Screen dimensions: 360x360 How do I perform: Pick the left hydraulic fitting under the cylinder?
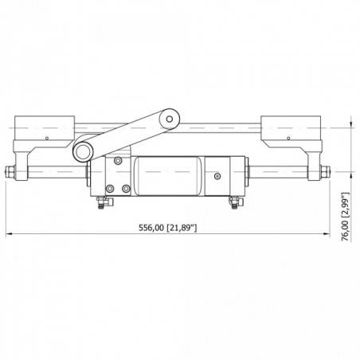pyautogui.click(x=98, y=204)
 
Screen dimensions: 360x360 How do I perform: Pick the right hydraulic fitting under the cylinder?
pyautogui.click(x=233, y=203)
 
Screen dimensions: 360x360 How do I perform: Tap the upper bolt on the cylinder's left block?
pyautogui.click(x=118, y=162)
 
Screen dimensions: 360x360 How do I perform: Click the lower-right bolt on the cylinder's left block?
pyautogui.click(x=126, y=188)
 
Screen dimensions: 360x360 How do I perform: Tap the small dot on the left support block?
pyautogui.click(x=48, y=138)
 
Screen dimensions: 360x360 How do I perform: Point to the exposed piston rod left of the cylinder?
pyautogui.click(x=56, y=171)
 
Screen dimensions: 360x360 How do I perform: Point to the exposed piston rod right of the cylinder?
pyautogui.click(x=279, y=171)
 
